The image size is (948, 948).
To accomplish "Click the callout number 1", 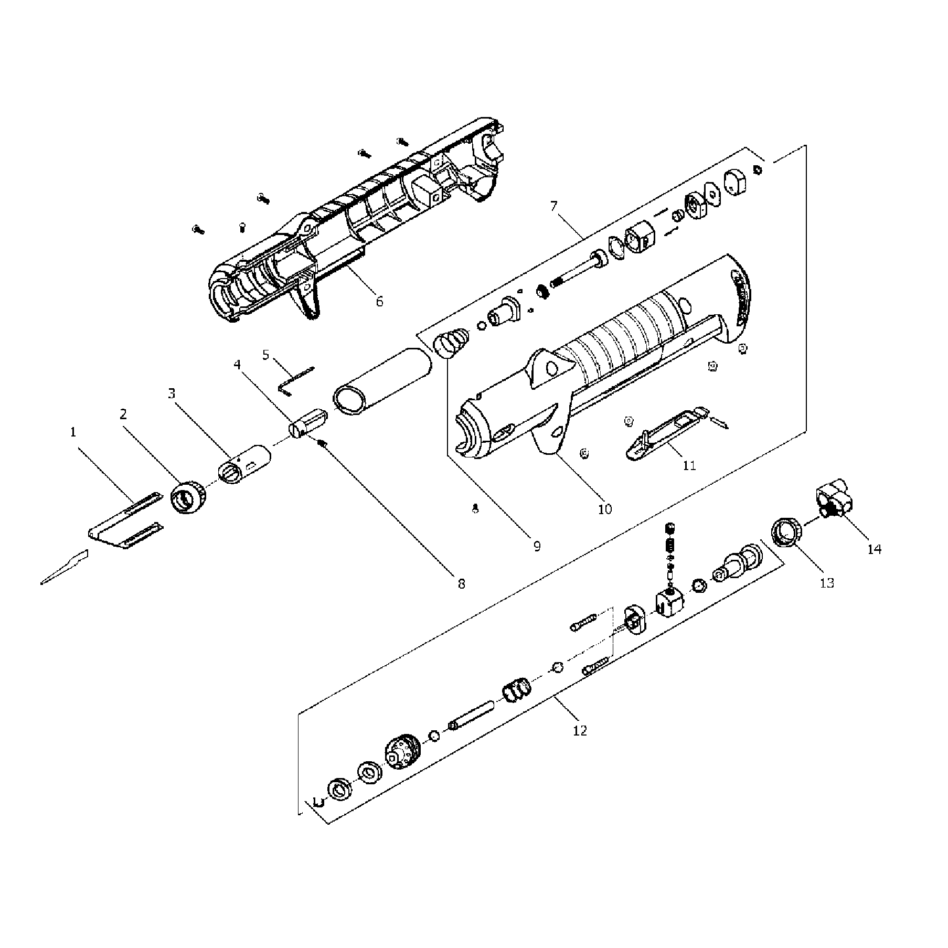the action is [x=73, y=432].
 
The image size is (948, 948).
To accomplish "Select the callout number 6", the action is [x=379, y=301].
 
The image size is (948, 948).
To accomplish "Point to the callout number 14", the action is [x=874, y=549].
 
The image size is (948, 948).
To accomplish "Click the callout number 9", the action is [x=537, y=546].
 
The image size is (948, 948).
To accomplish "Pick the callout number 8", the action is [x=461, y=583].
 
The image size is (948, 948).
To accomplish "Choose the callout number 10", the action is [x=605, y=509].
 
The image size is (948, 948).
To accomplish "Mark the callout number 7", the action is [x=554, y=206].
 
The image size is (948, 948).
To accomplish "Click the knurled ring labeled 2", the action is [x=188, y=497].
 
